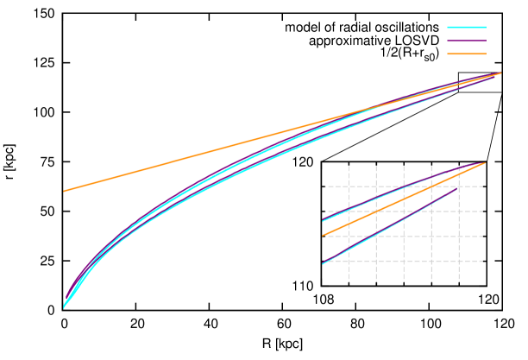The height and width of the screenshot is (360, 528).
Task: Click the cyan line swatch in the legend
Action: [466, 28]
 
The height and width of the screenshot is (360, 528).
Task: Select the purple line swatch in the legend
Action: [466, 41]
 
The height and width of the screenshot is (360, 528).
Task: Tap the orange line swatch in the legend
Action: [466, 54]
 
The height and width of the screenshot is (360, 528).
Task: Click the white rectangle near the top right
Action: [480, 83]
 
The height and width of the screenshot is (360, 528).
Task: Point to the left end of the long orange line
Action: [64, 191]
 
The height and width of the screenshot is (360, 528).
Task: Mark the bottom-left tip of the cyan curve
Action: [64, 306]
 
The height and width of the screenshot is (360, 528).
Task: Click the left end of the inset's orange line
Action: [324, 235]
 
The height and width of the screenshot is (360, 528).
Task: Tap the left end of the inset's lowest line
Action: [324, 263]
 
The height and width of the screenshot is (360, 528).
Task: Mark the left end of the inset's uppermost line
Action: [324, 220]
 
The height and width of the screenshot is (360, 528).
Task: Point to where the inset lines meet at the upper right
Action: [484, 163]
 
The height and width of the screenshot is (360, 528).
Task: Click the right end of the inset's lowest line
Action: [458, 188]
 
